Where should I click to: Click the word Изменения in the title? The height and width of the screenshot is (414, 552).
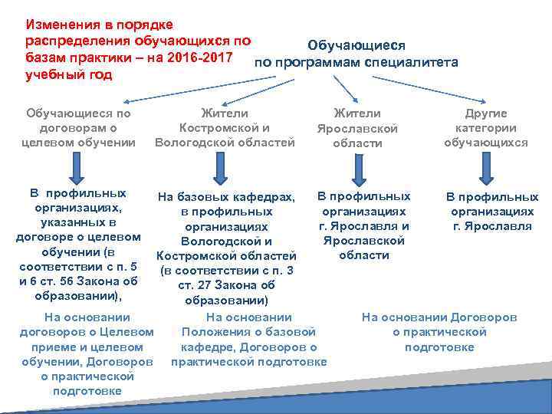(62, 25)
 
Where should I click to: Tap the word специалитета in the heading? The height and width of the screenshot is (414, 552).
(412, 61)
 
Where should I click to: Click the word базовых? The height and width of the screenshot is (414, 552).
(205, 198)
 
